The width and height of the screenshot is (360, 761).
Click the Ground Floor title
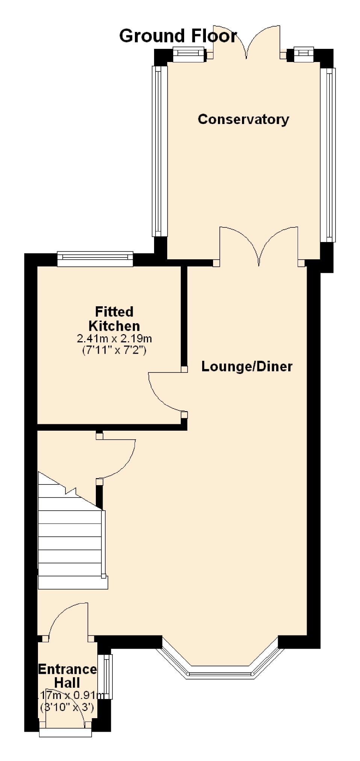pyautogui.click(x=178, y=36)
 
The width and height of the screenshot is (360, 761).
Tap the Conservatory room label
pyautogui.click(x=244, y=119)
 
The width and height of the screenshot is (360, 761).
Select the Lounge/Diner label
pyautogui.click(x=247, y=366)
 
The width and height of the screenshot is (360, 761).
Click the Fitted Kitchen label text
pyautogui.click(x=114, y=319)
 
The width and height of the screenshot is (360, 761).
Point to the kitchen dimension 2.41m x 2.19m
pyautogui.click(x=114, y=339)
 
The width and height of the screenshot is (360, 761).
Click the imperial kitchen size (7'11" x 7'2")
pyautogui.click(x=114, y=351)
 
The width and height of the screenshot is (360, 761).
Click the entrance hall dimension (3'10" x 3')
pyautogui.click(x=67, y=707)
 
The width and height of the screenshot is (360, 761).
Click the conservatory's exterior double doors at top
pyautogui.click(x=247, y=41)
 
